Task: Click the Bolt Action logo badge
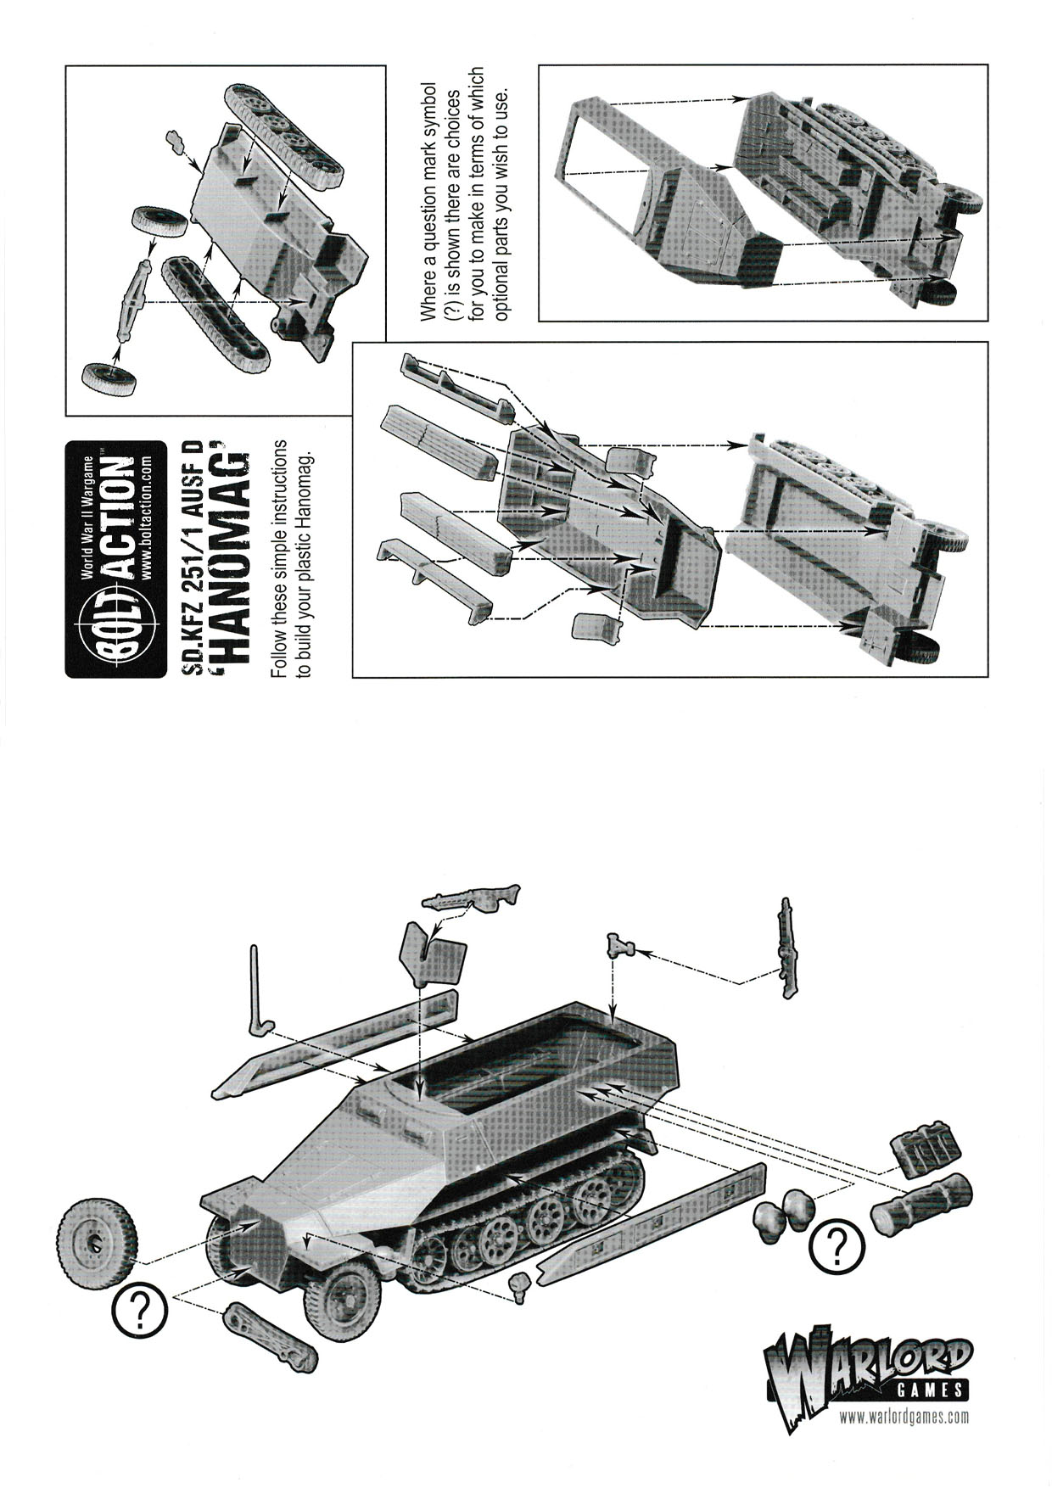point(115,559)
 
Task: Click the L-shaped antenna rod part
point(258,993)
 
